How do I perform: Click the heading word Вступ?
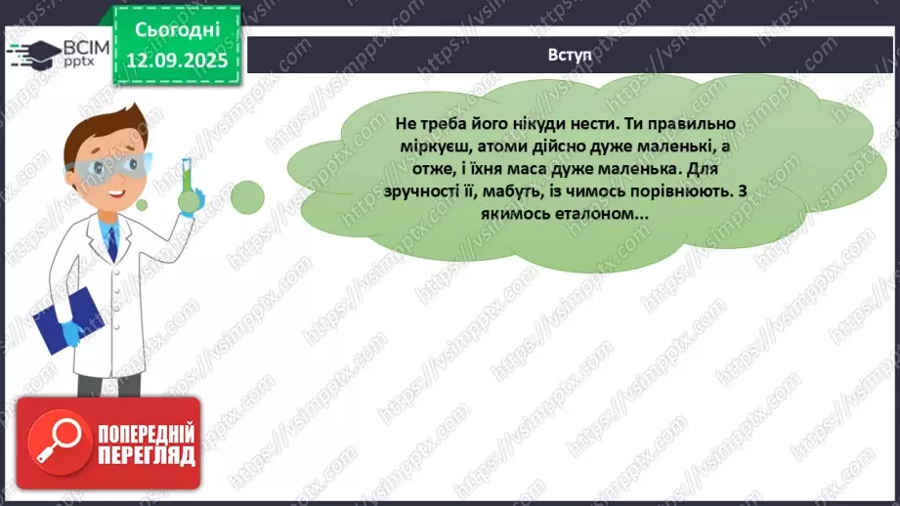(571, 55)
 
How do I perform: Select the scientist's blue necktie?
(112, 239)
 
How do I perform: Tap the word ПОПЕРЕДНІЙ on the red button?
(144, 434)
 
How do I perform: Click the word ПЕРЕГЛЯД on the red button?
(146, 455)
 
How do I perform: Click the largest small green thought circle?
(247, 196)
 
